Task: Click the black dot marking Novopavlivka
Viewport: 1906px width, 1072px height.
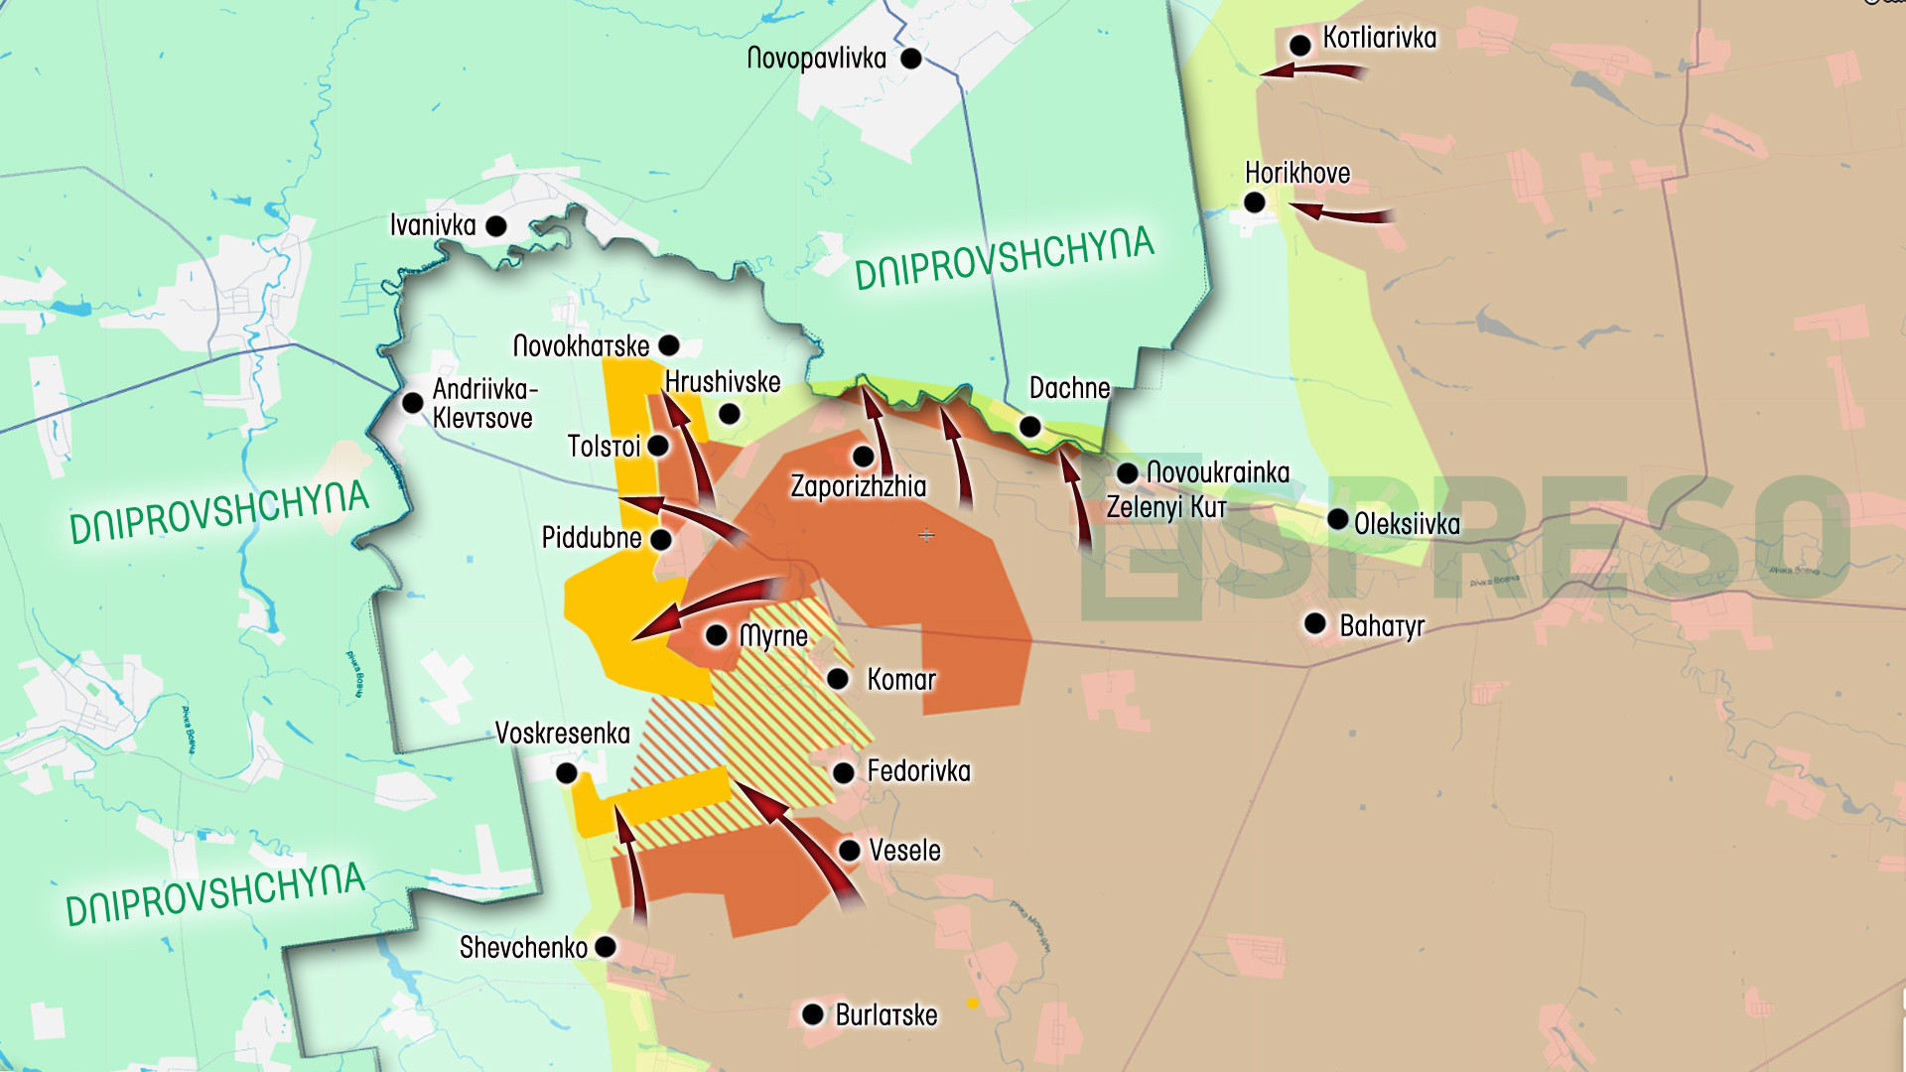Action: click(x=910, y=59)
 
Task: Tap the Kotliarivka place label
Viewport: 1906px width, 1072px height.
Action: click(x=1379, y=39)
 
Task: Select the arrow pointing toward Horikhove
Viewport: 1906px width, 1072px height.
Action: click(x=1340, y=212)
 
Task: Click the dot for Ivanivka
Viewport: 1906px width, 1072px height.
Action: click(x=496, y=226)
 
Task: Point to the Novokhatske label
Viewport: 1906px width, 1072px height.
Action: click(x=581, y=346)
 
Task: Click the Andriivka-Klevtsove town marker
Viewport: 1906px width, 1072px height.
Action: click(x=413, y=403)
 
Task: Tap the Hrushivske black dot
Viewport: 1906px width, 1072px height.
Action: click(x=730, y=414)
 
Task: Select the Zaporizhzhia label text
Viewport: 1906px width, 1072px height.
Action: click(x=858, y=486)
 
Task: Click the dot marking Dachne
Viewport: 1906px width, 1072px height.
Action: click(x=1030, y=427)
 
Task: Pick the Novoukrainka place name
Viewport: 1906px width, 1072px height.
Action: click(x=1218, y=472)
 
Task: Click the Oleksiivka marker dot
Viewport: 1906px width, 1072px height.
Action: click(x=1337, y=519)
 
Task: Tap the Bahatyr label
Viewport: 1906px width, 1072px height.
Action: click(x=1382, y=626)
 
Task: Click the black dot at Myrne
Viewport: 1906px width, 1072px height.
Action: click(x=717, y=635)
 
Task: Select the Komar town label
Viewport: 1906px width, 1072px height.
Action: click(x=901, y=680)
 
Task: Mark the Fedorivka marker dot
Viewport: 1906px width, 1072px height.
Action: click(x=844, y=772)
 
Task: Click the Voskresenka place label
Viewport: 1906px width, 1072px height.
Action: click(x=562, y=734)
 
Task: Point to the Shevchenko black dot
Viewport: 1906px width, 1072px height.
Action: click(x=606, y=947)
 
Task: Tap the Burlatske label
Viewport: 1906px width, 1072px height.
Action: click(x=885, y=1015)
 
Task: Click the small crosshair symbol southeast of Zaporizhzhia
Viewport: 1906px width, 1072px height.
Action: click(x=926, y=536)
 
